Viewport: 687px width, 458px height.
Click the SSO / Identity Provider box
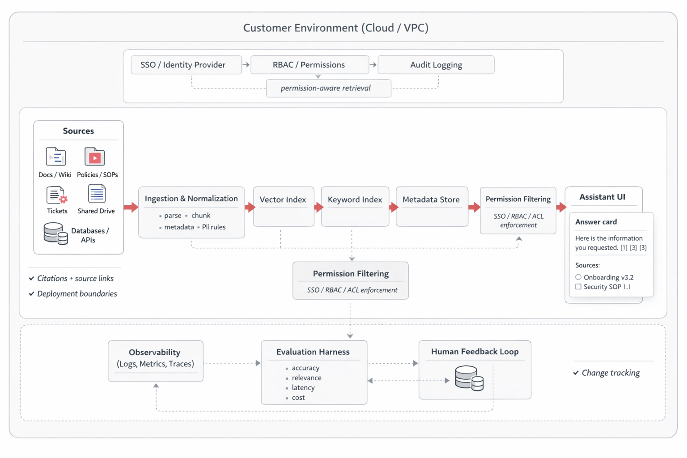point(186,65)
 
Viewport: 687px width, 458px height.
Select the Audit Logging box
point(436,65)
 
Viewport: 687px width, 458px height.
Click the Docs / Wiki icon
point(56,157)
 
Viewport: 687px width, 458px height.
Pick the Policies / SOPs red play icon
point(95,157)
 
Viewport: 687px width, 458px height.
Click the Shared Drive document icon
point(97,194)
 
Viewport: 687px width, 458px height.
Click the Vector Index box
point(283,206)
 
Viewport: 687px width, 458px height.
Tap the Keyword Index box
point(355,206)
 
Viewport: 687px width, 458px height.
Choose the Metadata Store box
point(431,206)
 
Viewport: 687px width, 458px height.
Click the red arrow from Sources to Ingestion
point(131,207)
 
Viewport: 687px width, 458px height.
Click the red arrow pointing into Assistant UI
point(561,207)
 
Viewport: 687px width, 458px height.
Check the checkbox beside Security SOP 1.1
point(578,287)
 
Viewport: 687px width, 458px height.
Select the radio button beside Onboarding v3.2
point(578,277)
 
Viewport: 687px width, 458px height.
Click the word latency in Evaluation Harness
point(303,388)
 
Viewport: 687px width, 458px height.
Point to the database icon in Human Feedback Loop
point(469,378)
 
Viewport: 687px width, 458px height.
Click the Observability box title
point(155,352)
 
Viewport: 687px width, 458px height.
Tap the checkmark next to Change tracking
point(576,373)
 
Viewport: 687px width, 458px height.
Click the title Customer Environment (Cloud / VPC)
point(335,28)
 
